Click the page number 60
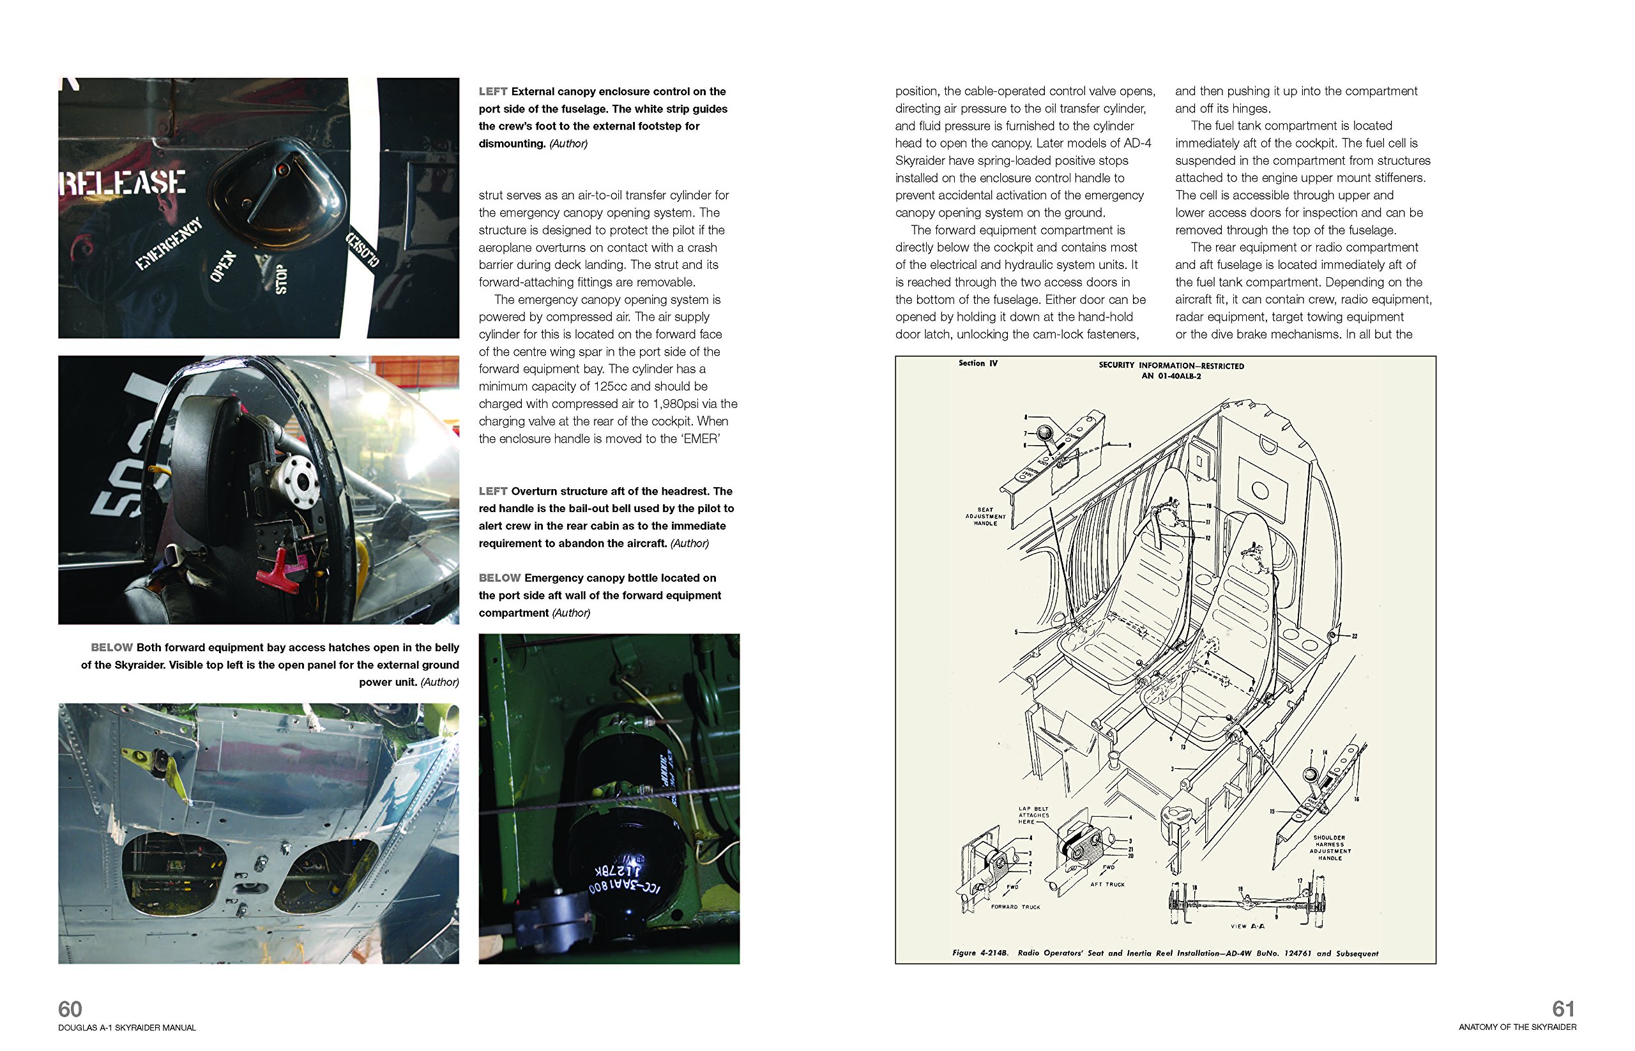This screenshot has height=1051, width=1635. [70, 1009]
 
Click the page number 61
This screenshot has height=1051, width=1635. [1563, 1009]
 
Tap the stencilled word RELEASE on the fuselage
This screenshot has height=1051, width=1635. [123, 183]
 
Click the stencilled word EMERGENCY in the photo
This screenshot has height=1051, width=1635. [169, 244]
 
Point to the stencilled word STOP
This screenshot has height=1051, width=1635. [280, 279]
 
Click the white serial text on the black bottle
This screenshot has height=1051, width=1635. [614, 881]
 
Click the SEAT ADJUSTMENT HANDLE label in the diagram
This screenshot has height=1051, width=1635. [985, 516]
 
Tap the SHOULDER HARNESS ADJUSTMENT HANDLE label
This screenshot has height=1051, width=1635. [1329, 847]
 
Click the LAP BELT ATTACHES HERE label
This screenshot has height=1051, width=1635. [1033, 815]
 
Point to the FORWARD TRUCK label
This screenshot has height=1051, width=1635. [1015, 907]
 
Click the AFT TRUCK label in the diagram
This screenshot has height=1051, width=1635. [1107, 884]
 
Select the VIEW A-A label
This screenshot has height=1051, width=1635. [1247, 926]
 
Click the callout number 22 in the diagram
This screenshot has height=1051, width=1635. [1355, 636]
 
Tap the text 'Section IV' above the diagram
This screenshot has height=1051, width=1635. [978, 363]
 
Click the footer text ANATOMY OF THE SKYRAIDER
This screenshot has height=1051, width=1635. [1517, 1027]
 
